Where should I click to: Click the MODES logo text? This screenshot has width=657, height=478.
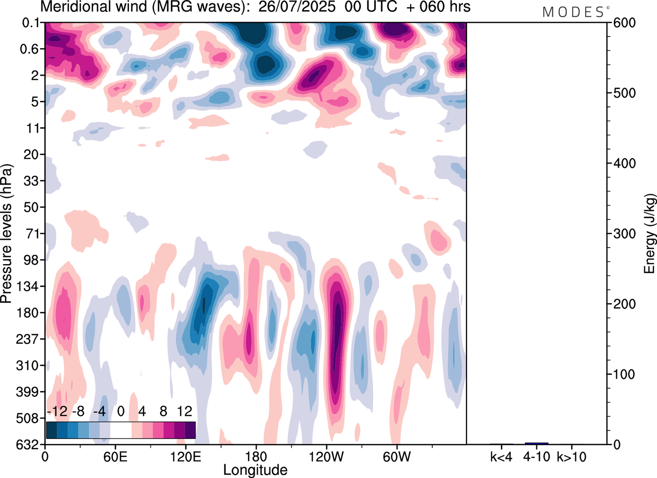coord(573,12)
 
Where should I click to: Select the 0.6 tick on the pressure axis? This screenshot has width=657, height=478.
coord(31,49)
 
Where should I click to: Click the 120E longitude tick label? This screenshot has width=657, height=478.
coord(185,455)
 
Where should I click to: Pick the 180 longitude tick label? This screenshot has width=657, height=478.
coord(256,455)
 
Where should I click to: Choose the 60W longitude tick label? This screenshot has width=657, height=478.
coord(396,455)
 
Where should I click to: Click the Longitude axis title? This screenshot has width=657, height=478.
coord(255,469)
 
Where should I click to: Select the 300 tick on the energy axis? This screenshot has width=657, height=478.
coord(622,234)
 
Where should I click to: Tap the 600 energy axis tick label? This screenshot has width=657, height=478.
coord(622,23)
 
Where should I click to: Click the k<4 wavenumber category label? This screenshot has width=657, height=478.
coord(501,455)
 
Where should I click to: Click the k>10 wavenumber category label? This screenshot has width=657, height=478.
coord(571,455)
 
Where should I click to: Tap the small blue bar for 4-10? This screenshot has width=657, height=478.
coord(536,443)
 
